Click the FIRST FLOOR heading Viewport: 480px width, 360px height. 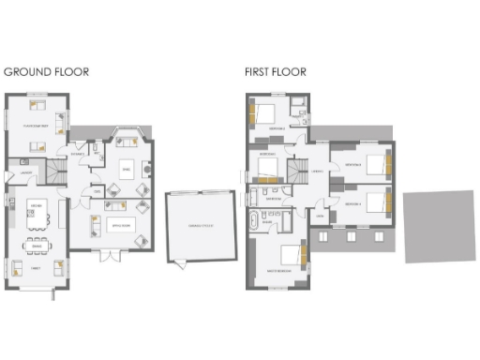[275, 71]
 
